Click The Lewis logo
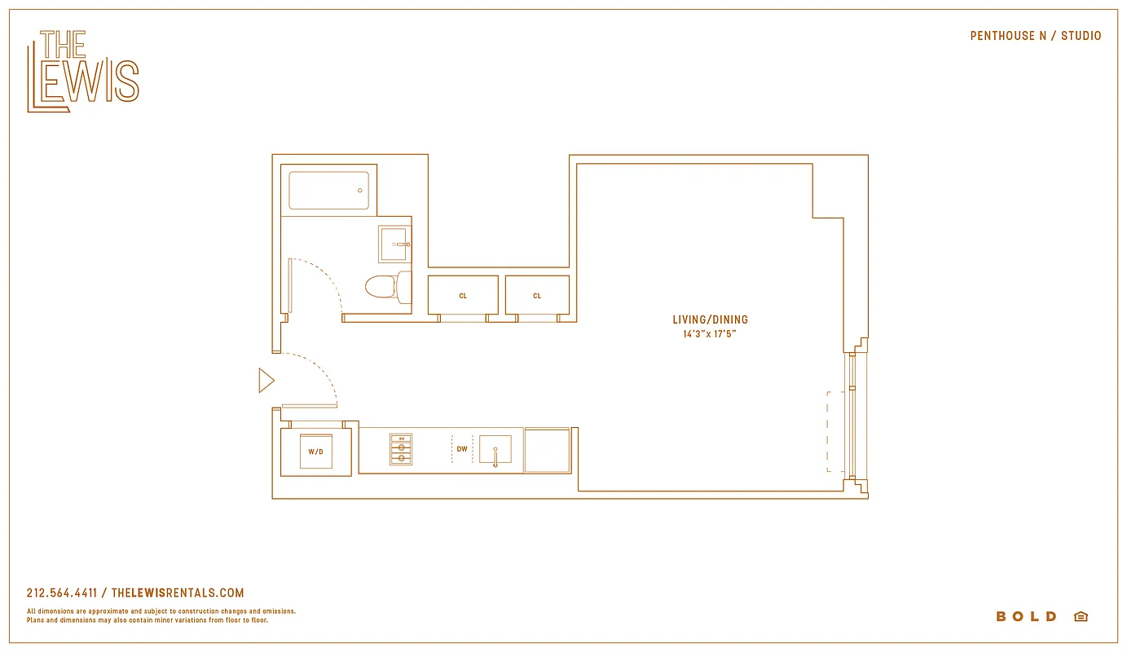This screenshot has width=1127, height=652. [82, 71]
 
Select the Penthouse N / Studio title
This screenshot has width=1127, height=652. [1035, 36]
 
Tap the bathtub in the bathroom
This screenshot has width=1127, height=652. [328, 190]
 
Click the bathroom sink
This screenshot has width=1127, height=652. [394, 244]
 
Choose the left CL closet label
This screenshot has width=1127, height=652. [463, 296]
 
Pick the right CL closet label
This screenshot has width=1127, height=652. [537, 296]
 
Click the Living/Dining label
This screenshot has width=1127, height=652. [710, 320]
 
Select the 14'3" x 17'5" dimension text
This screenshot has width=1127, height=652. [710, 333]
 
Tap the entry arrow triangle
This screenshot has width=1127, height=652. [266, 381]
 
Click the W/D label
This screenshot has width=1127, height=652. [315, 451]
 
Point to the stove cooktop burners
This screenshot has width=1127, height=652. [400, 449]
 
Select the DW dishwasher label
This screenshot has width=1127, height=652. [462, 449]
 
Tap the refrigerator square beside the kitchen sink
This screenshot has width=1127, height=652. [547, 450]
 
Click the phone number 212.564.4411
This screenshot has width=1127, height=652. [62, 593]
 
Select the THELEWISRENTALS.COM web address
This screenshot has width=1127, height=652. [178, 593]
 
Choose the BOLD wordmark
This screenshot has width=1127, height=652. [1026, 617]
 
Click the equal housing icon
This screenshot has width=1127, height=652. [1081, 617]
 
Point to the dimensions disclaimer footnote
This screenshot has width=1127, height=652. [161, 615]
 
